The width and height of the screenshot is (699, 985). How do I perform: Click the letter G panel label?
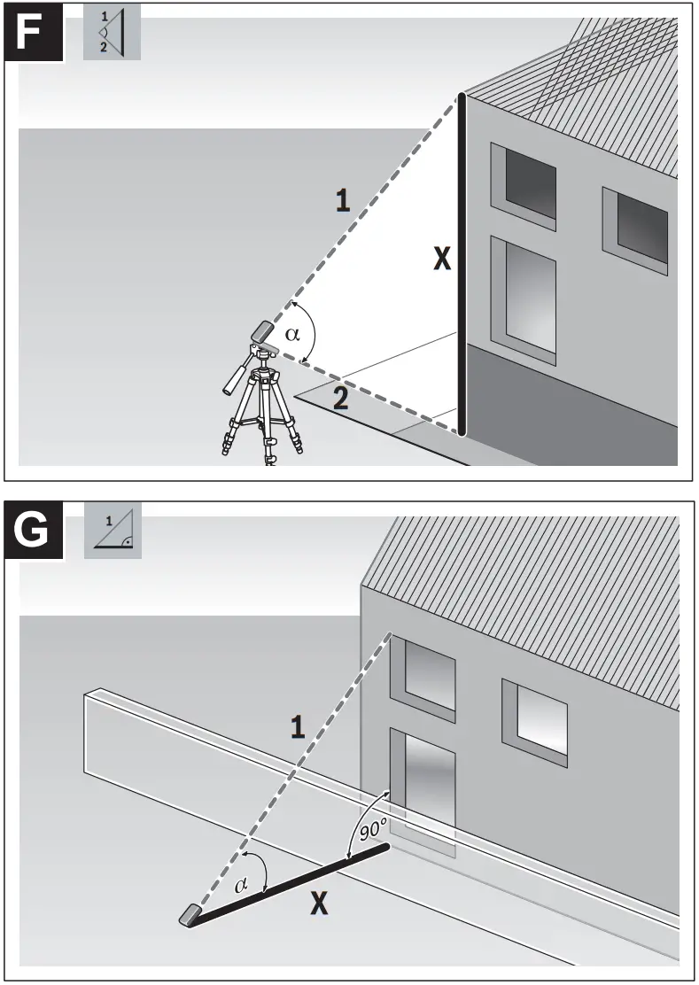click(33, 530)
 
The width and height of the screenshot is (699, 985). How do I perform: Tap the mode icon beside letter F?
click(112, 33)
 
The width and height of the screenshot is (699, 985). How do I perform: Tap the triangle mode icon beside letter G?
click(112, 531)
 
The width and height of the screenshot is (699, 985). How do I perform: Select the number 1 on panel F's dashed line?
click(342, 200)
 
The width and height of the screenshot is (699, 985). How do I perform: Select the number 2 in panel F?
click(340, 399)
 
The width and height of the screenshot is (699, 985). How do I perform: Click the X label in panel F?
click(441, 259)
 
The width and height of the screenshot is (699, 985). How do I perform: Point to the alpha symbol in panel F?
click(294, 334)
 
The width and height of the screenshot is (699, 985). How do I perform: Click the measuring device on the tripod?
click(264, 330)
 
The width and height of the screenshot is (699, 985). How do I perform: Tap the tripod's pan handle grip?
click(232, 378)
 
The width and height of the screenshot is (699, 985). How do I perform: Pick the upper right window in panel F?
click(635, 225)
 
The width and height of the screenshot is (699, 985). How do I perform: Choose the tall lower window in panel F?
click(524, 299)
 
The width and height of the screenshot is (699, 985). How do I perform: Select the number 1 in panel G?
click(298, 727)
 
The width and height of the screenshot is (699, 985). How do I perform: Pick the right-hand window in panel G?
click(534, 717)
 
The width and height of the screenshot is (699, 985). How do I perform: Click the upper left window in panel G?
click(423, 674)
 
